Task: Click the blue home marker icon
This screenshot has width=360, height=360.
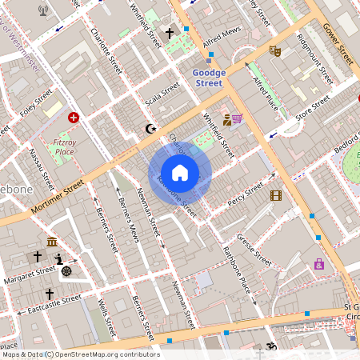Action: [x=180, y=173]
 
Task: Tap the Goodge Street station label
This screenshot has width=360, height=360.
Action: [x=209, y=78]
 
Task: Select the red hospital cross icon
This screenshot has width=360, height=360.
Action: [x=74, y=118]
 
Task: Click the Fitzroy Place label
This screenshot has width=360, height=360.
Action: [x=63, y=146]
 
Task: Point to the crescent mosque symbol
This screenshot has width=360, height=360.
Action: [x=147, y=129]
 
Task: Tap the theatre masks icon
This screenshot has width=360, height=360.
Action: [x=275, y=50]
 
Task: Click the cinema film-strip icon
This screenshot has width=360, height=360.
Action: [x=276, y=195]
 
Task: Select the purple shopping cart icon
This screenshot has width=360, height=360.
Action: [x=238, y=119]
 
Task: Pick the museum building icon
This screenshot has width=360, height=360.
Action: [x=52, y=242]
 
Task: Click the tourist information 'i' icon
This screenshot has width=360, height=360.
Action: [x=58, y=258]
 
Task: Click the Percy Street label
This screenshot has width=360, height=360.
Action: [x=245, y=194]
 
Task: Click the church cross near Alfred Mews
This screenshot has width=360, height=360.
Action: [x=169, y=34]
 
